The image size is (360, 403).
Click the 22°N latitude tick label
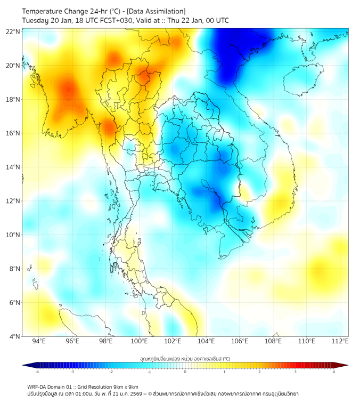[13, 31]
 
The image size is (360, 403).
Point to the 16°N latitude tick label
[13, 133]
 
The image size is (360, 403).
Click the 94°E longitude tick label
[39, 341]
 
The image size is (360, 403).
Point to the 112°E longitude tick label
[340, 341]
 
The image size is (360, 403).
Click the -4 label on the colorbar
[37, 372]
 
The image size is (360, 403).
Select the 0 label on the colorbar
[185, 372]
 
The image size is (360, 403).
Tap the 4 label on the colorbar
[334, 372]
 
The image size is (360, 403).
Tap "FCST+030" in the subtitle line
[113, 20]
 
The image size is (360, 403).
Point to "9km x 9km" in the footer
[126, 386]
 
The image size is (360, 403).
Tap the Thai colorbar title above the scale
[185, 359]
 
